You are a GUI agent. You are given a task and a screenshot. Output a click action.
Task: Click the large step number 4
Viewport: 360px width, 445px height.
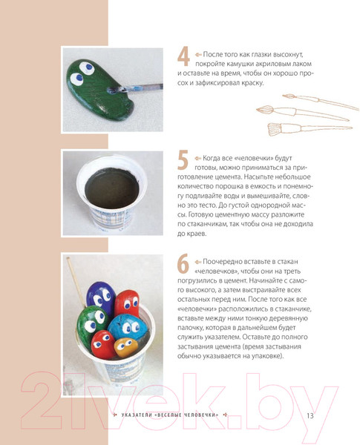[x=183, y=56]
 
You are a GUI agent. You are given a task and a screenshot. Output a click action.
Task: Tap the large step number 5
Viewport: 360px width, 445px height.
[x=183, y=160]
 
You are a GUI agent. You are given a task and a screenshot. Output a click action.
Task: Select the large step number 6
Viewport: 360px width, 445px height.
[x=183, y=263]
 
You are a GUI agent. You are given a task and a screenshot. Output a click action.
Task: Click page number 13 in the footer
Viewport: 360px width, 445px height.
[x=310, y=415]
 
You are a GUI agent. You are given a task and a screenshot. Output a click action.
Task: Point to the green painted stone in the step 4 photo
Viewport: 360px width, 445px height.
[x=99, y=90]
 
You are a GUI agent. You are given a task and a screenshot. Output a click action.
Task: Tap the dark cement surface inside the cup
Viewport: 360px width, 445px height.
[x=112, y=188]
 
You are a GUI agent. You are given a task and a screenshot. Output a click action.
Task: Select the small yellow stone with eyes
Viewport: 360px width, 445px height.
[x=125, y=347]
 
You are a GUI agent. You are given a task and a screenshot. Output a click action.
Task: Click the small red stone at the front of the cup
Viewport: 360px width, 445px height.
[x=102, y=344]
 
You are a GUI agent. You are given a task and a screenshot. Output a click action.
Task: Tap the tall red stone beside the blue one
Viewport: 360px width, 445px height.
[x=127, y=304]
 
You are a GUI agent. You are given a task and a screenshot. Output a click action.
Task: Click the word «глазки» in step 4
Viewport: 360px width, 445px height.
[x=262, y=54]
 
